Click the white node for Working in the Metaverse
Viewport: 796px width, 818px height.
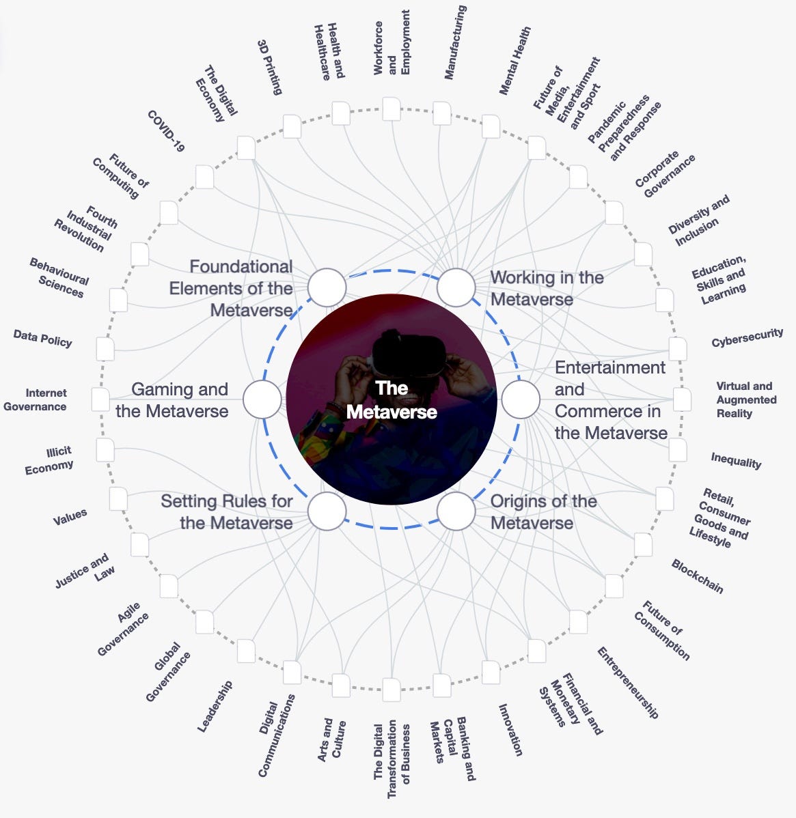point(456,287)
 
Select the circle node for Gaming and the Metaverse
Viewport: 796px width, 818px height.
point(262,399)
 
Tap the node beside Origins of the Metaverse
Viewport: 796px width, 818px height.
point(456,511)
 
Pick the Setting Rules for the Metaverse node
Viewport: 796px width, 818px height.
point(327,511)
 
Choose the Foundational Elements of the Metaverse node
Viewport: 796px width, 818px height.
point(327,287)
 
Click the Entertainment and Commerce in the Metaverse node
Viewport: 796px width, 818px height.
point(521,399)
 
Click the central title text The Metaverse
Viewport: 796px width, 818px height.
point(392,400)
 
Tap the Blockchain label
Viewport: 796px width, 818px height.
point(697,576)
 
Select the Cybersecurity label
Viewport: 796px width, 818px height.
point(747,337)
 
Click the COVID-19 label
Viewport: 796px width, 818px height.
point(166,131)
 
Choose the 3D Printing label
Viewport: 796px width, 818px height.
point(269,66)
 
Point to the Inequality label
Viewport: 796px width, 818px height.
point(736,461)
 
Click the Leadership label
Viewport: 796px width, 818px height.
point(215,706)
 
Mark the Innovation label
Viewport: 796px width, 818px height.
point(510,730)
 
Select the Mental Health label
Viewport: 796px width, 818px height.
point(514,61)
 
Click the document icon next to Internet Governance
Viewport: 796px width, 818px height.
point(100,399)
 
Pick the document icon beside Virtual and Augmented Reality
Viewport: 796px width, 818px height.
point(682,399)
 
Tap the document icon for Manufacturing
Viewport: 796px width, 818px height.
point(442,113)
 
